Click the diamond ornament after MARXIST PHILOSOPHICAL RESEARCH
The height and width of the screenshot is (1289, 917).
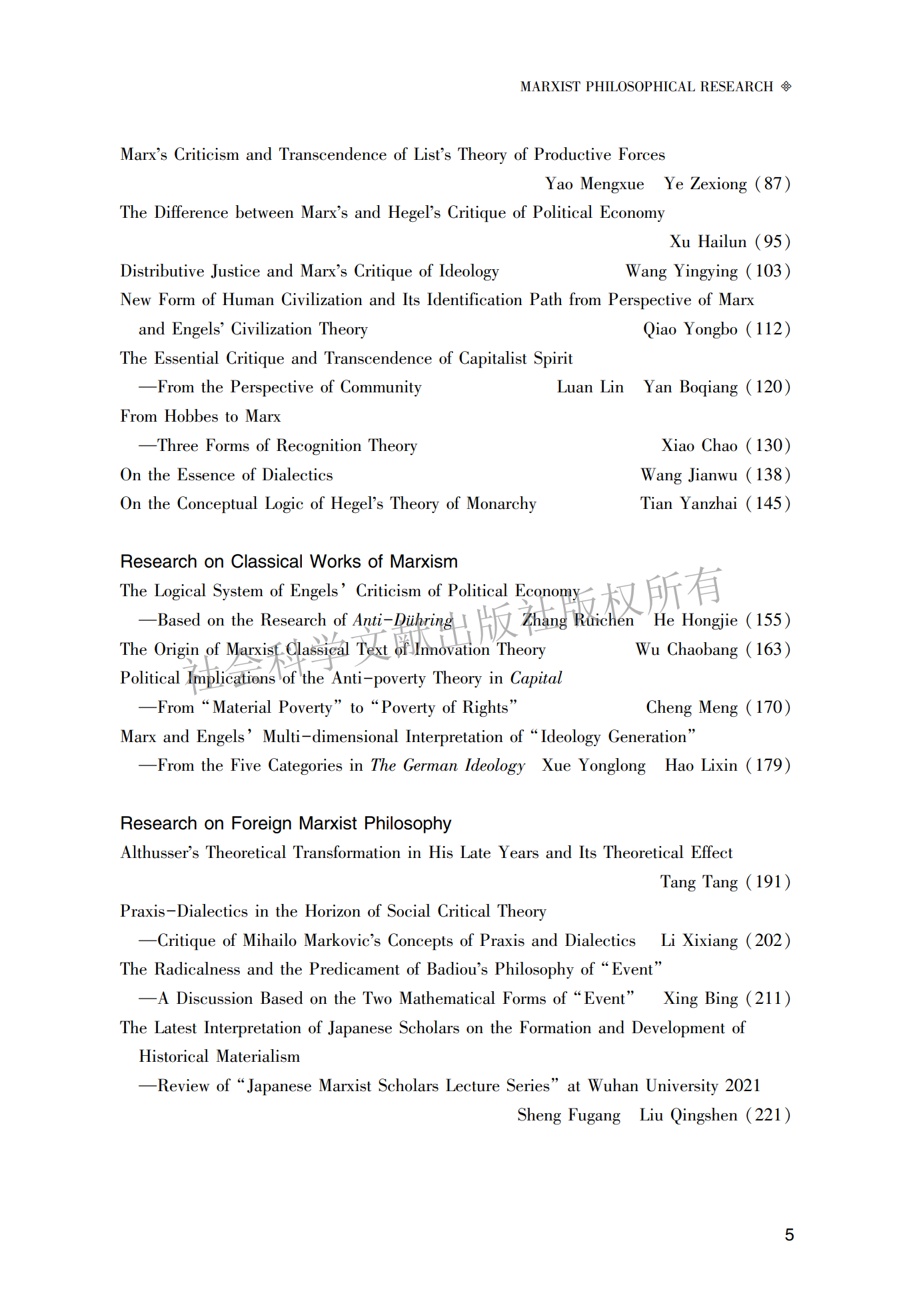coord(786,87)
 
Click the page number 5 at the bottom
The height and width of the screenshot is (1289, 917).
coord(789,1234)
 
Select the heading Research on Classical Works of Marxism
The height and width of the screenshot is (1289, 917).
coord(289,562)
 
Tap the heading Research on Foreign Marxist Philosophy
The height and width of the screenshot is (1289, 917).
coord(285,823)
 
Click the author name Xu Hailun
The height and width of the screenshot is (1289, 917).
coord(708,242)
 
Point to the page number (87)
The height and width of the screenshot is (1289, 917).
coord(772,184)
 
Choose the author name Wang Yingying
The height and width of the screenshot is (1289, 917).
coord(682,271)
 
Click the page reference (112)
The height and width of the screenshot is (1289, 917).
coord(768,329)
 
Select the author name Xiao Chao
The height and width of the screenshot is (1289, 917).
coord(699,446)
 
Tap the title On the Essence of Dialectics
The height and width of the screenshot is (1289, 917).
coord(226,475)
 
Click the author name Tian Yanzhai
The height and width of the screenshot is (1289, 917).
coord(688,504)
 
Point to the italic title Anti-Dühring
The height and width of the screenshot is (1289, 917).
coord(403,620)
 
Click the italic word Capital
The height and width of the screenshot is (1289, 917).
coord(536,678)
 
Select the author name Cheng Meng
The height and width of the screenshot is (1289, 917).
coord(692,707)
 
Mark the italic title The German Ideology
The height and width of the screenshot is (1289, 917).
coord(447,765)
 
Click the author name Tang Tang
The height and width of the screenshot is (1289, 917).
coord(699,882)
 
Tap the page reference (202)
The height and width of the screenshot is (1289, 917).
coord(768,941)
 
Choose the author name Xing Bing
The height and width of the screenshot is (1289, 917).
coord(700,999)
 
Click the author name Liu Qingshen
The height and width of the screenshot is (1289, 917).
coord(688,1115)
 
